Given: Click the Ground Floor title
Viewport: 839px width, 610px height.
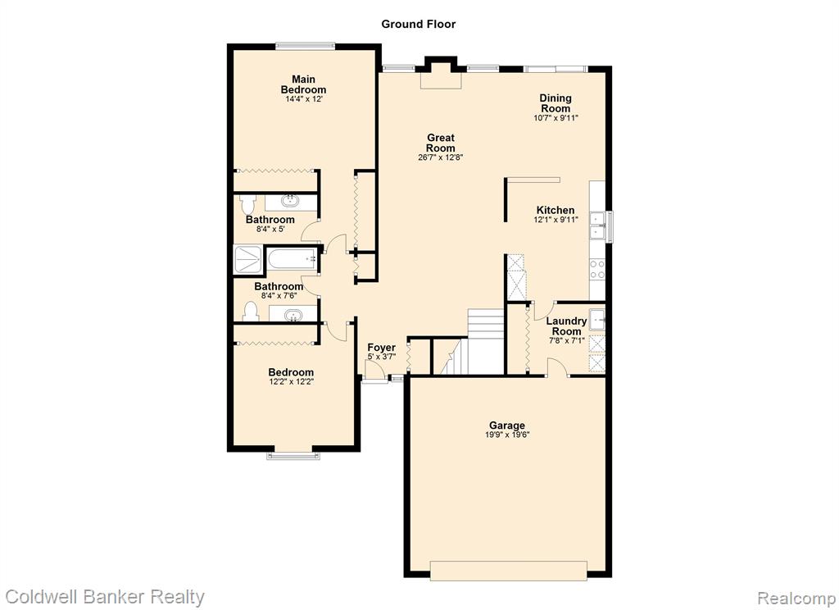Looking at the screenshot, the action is (x=418, y=24).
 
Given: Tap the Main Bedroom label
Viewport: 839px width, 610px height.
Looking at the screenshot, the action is (x=303, y=84).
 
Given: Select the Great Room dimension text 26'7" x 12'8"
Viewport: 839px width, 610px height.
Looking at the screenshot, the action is (x=440, y=157).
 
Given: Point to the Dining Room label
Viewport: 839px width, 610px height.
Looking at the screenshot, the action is (x=556, y=102).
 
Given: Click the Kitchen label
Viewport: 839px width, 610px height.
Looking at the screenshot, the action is (x=556, y=210).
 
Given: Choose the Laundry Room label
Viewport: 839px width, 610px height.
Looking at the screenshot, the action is (x=566, y=326).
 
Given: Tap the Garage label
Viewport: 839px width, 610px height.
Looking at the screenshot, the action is (x=506, y=426).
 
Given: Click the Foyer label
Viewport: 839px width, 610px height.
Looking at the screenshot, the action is (x=382, y=348).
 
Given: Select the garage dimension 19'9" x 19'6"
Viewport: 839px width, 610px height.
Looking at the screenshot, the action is (x=507, y=435).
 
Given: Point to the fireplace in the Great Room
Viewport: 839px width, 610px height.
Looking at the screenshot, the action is (x=441, y=74).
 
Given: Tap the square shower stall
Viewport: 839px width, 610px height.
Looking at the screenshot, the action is (x=248, y=259).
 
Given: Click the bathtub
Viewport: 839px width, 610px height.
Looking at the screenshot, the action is (x=293, y=259).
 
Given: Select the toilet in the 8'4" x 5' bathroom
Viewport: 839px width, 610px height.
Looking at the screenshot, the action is (x=247, y=205).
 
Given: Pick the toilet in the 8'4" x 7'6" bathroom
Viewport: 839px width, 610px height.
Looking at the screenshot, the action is (x=251, y=312).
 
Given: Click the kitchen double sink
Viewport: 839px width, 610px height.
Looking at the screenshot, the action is (x=597, y=226).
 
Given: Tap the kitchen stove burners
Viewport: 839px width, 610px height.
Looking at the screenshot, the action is (x=597, y=269).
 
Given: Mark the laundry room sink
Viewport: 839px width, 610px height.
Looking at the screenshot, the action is (x=597, y=319).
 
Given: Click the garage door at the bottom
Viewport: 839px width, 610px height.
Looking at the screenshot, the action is (x=508, y=571).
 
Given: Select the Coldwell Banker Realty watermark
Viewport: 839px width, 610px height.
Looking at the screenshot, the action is (x=105, y=597).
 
